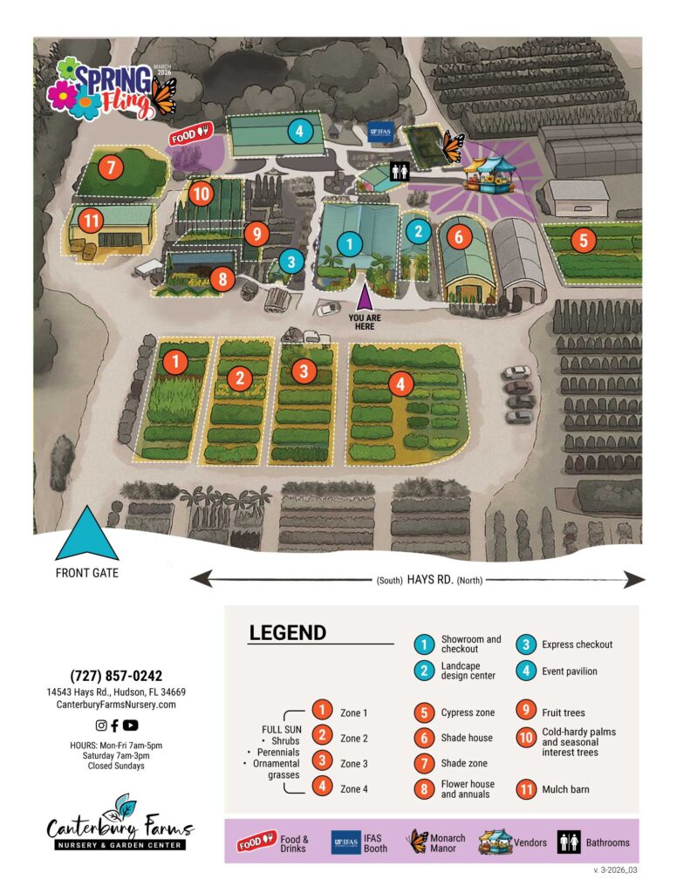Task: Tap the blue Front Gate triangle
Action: [x=86, y=535]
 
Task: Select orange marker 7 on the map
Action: [x=111, y=167]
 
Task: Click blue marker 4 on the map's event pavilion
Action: [x=299, y=133]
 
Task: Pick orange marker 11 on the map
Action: [x=90, y=220]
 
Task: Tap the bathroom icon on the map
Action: [x=400, y=171]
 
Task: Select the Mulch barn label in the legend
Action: [x=564, y=789]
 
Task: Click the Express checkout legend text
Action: [x=577, y=644]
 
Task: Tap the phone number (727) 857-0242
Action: [x=116, y=676]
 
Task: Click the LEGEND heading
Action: [x=287, y=633]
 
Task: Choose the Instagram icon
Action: [x=101, y=725]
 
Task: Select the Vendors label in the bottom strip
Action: [x=529, y=842]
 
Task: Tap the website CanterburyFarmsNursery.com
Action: [x=116, y=704]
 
